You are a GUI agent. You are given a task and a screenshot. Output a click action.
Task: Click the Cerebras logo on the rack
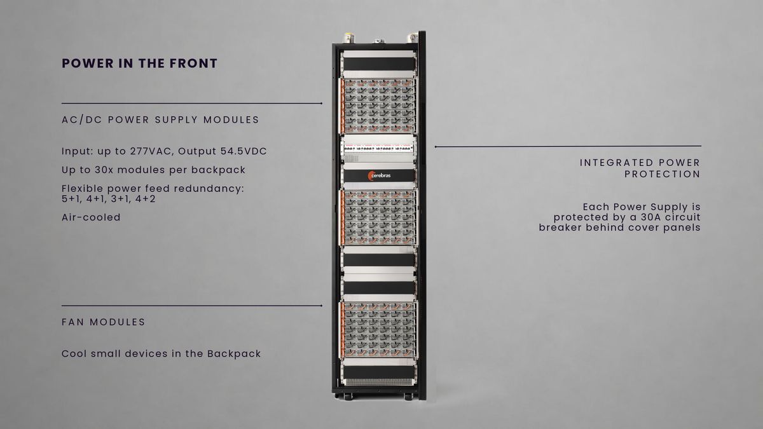tap(379, 175)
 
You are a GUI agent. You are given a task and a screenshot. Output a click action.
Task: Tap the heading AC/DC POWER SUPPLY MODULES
tap(160, 120)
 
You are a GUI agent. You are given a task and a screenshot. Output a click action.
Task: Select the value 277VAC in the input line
tap(151, 151)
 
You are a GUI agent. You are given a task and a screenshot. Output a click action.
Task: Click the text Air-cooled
tap(91, 217)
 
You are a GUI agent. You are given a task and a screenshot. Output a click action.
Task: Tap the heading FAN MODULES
tap(103, 322)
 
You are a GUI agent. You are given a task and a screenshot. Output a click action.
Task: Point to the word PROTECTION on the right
tap(662, 174)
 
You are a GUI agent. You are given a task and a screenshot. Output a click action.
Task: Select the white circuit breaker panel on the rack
tap(379, 149)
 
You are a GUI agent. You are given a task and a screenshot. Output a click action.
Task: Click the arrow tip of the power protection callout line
tap(436, 147)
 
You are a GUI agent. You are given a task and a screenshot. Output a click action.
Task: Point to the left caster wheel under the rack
tap(348, 397)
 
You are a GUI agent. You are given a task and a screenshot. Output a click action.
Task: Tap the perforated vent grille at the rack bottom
tap(379, 383)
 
